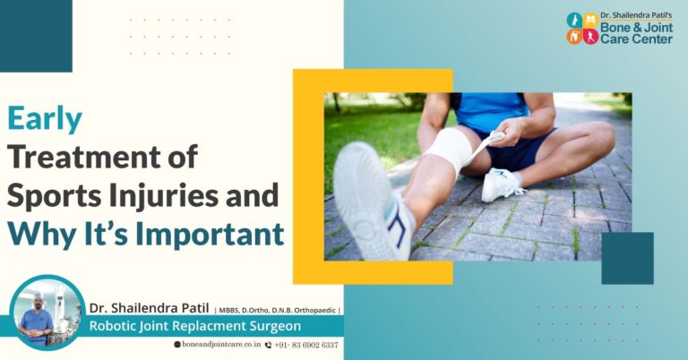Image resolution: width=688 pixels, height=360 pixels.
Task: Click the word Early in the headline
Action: (45, 119)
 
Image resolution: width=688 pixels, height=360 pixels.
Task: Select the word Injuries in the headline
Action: (177, 196)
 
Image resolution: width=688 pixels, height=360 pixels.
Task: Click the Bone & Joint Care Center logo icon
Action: (582, 29)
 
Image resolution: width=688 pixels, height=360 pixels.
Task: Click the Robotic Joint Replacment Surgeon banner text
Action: (194, 327)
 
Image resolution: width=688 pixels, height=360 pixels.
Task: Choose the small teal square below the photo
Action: (627, 258)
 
